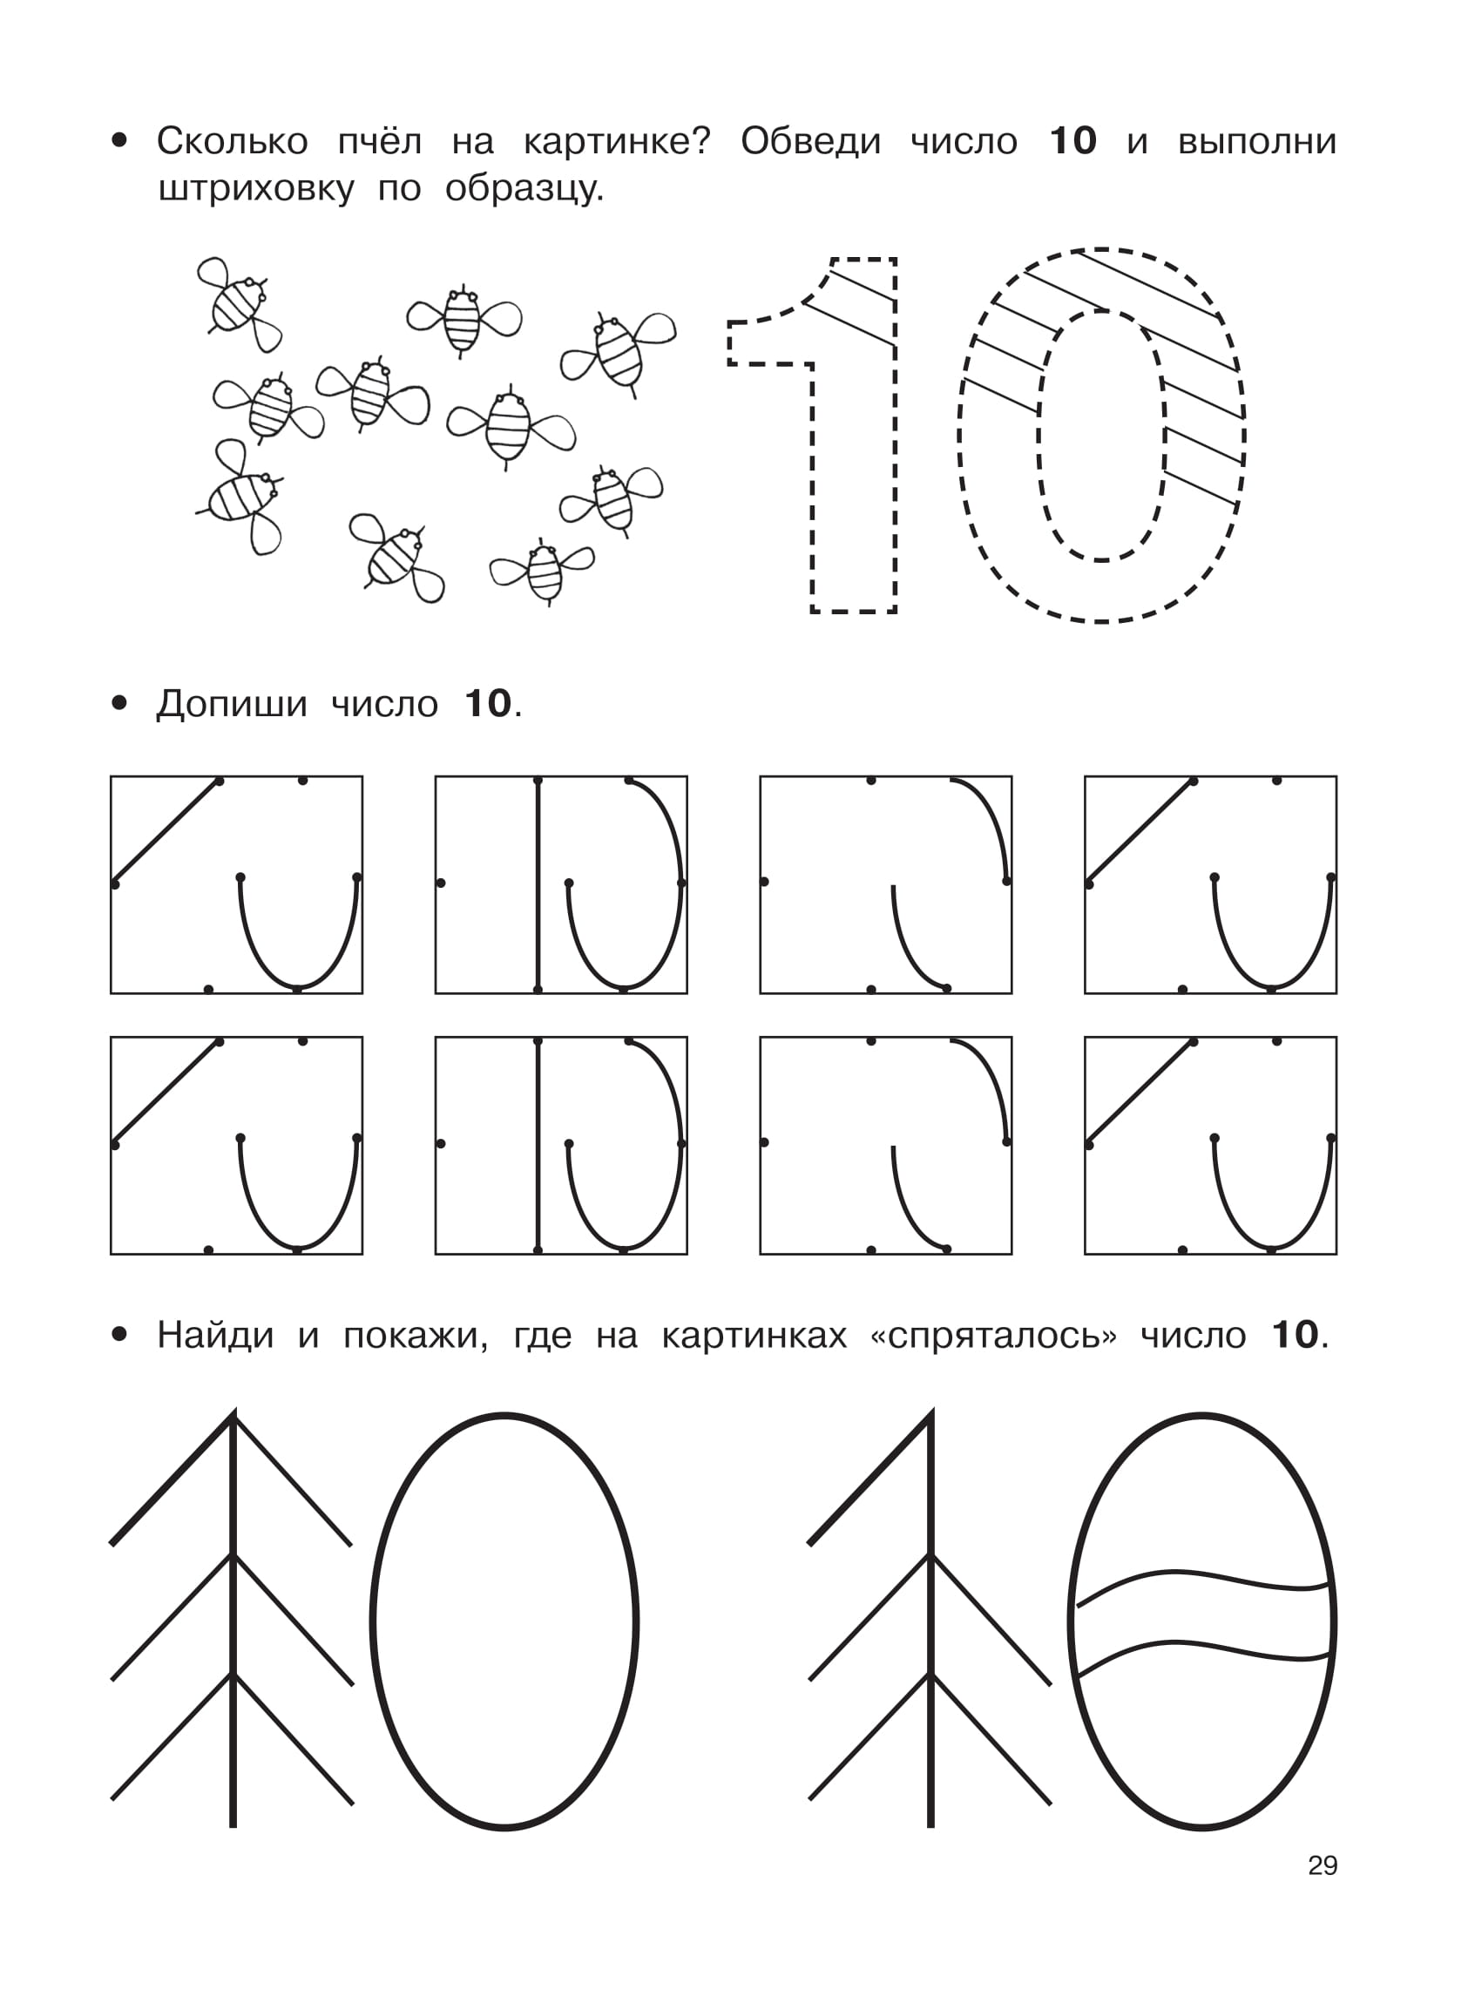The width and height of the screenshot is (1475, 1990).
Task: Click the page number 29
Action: click(x=1323, y=1865)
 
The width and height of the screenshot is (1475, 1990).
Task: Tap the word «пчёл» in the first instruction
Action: click(x=380, y=141)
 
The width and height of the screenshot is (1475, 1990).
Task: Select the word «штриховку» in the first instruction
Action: click(x=256, y=189)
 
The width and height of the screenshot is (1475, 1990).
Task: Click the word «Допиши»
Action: click(x=232, y=704)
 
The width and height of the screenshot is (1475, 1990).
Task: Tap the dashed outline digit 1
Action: click(x=813, y=435)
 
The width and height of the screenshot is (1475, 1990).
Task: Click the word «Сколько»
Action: click(x=232, y=141)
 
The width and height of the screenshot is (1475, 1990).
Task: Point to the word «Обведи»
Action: click(x=811, y=141)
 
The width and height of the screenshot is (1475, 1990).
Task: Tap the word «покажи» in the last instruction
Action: click(x=416, y=1336)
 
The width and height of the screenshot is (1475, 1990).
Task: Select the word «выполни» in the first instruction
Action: click(x=1257, y=142)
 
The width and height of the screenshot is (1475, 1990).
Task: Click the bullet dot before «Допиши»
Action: click(x=119, y=703)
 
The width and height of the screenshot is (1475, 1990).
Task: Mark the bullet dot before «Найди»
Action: click(x=119, y=1335)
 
